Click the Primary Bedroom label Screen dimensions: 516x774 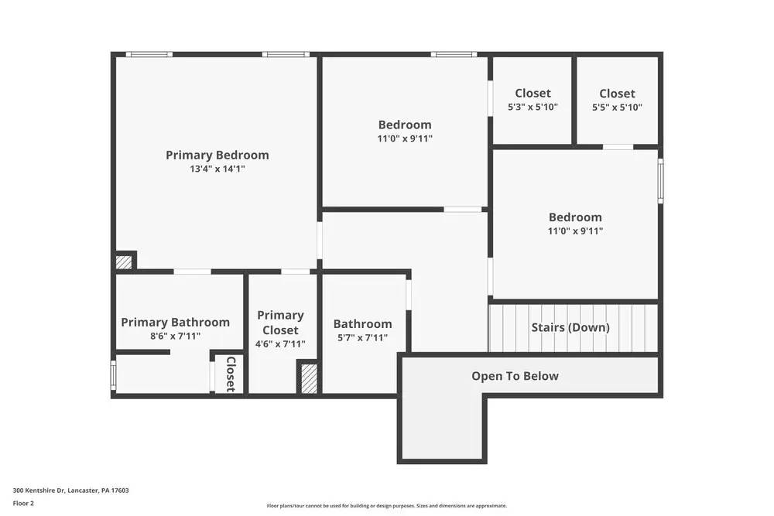[x=217, y=155]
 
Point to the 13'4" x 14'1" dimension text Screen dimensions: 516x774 [x=217, y=169]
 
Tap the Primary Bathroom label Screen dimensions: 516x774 [x=175, y=323]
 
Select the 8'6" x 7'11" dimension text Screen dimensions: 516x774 [x=175, y=337]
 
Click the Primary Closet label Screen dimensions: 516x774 [x=280, y=323]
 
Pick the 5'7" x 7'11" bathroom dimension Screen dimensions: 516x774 [x=362, y=338]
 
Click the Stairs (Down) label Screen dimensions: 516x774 [x=570, y=327]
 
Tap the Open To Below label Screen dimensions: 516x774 [x=515, y=376]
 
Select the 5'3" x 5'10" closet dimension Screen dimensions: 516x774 [x=533, y=108]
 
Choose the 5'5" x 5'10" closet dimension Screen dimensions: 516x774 [x=617, y=108]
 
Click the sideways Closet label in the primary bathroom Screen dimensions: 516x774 [x=230, y=374]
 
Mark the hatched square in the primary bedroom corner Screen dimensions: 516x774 [x=124, y=262]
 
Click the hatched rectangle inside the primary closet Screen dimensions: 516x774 [x=309, y=378]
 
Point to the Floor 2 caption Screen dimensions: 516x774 [x=23, y=503]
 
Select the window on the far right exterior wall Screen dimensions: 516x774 [x=660, y=181]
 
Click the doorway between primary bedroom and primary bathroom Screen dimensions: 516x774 [x=192, y=272]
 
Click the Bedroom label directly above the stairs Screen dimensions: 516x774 [x=575, y=217]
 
